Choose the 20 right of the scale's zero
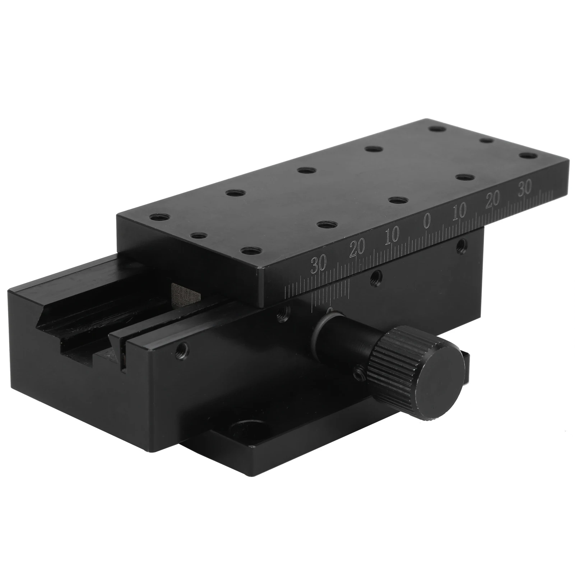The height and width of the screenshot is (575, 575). click(x=493, y=200)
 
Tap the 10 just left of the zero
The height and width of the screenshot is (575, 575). click(x=391, y=236)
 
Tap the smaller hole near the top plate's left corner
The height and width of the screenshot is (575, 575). click(x=198, y=236)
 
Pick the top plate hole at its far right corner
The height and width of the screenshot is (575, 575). click(x=528, y=157)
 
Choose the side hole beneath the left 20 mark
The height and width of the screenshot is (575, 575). click(x=376, y=276)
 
